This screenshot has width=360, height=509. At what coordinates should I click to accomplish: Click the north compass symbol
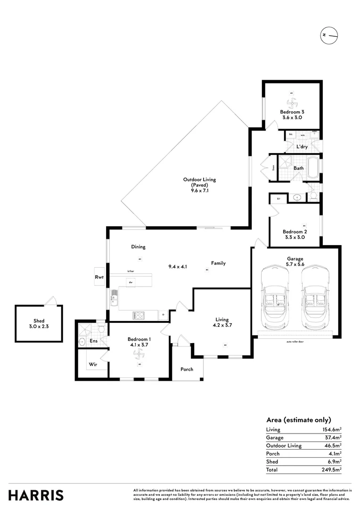(x=329, y=36)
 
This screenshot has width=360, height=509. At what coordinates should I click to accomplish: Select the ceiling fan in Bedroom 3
(x=291, y=103)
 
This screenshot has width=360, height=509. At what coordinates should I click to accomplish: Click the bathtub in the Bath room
(x=312, y=168)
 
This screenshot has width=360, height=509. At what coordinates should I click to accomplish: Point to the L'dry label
(x=302, y=147)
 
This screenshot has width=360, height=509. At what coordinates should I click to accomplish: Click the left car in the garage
(x=278, y=298)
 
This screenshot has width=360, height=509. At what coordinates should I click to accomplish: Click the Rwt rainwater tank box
(x=99, y=278)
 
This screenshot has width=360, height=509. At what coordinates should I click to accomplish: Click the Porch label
(x=187, y=369)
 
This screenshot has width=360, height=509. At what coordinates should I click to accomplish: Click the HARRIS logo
(x=36, y=495)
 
